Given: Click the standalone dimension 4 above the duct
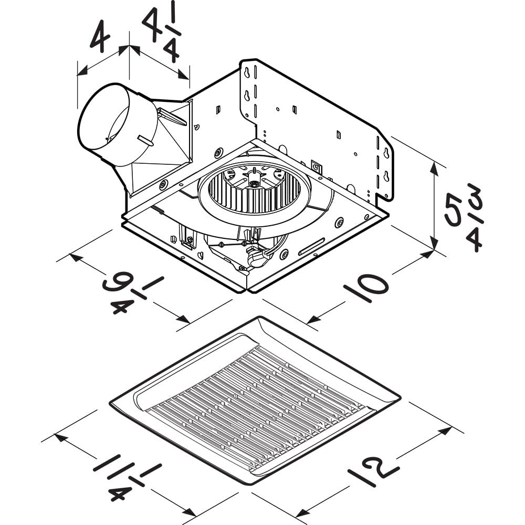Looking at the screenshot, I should click(x=99, y=35).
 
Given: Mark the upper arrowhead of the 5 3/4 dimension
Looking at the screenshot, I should click(x=434, y=167).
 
